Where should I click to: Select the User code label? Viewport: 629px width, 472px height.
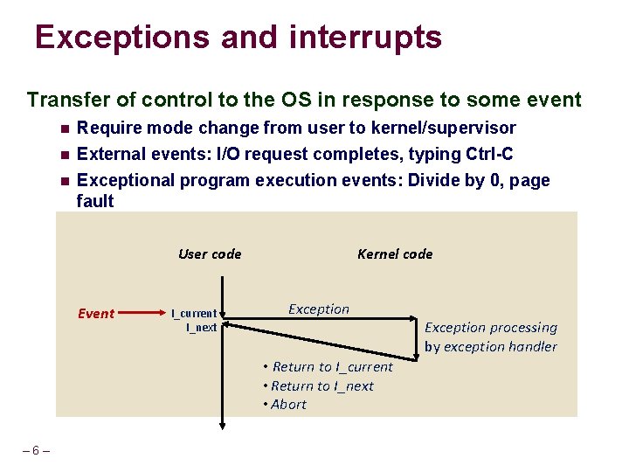210,254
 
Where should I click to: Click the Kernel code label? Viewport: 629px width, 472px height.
395,254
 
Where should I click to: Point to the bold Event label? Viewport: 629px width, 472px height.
96,314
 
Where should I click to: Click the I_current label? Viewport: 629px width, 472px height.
194,313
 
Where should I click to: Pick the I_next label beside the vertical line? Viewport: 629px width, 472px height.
201,327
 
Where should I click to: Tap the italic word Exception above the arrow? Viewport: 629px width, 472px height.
319,309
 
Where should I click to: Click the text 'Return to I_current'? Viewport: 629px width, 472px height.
332,367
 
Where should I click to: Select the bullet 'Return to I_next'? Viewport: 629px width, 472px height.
322,385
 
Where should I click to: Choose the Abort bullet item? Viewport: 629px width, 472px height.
288,404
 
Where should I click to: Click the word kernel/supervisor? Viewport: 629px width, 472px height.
443,128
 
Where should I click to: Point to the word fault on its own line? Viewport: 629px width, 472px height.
95,201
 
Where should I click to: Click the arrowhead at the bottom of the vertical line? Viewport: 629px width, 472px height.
223,424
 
